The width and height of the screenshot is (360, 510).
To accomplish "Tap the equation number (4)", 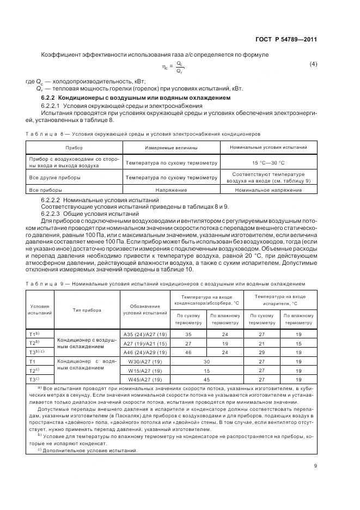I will pos(313,65).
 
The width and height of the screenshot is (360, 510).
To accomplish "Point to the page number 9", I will pos(315,465).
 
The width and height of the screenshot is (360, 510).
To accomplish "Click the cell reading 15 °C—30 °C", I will pos(268,162).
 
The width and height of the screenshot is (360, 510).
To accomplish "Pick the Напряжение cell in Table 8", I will pos(171,190).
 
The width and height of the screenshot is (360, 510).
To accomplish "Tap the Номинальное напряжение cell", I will pos(268,190).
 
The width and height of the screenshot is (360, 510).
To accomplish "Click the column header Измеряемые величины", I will pos(171,148).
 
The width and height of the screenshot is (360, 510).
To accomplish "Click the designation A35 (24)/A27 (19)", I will pos(144,333).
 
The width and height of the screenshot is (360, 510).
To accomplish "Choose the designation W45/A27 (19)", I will pos(144,379).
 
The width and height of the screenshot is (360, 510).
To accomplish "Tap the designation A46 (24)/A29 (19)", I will pos(144,352).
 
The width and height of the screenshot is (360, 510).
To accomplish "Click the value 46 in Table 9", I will pos(188,352).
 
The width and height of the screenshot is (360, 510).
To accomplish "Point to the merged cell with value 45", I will pos(206,379).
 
